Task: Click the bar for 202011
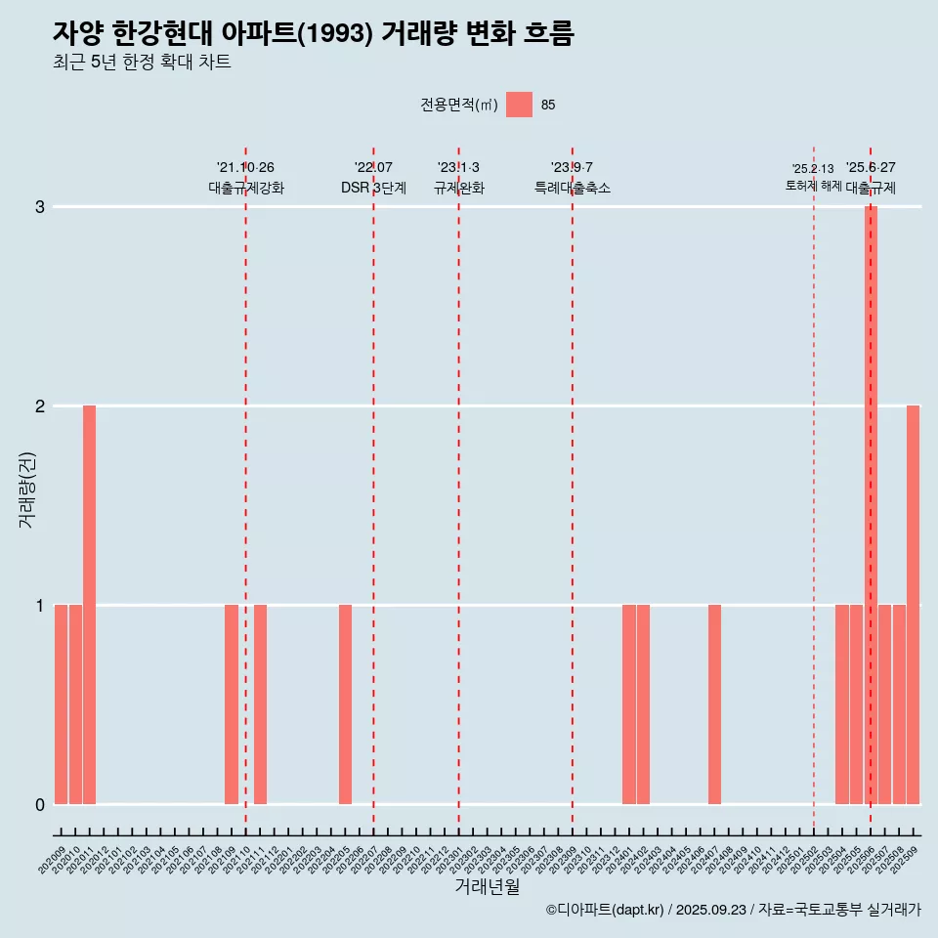tap(89, 605)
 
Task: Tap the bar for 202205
tap(345, 704)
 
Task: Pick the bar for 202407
tap(714, 704)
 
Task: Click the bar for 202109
tap(232, 704)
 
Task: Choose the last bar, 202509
tap(913, 605)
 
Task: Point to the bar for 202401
tap(629, 704)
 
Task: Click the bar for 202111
tap(260, 704)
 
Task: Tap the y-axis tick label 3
tap(40, 207)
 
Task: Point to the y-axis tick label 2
tap(40, 406)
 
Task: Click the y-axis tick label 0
tap(40, 805)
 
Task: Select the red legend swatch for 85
tap(519, 105)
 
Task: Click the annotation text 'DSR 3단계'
tap(373, 188)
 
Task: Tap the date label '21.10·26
tap(245, 168)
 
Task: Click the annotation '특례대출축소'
tap(573, 188)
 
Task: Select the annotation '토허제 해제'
tap(813, 185)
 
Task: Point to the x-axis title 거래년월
tap(487, 886)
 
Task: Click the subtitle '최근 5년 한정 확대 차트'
tap(142, 63)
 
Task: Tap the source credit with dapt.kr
tap(733, 910)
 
